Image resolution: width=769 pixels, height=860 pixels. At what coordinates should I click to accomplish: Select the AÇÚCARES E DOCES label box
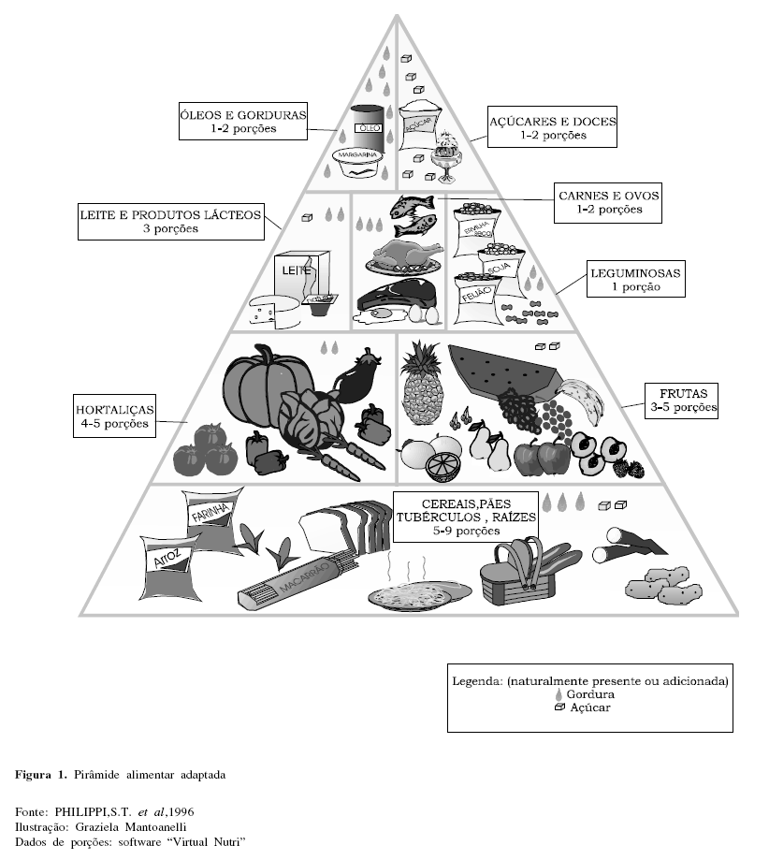553,127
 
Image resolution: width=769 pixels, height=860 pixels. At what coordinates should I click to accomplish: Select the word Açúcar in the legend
591,708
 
